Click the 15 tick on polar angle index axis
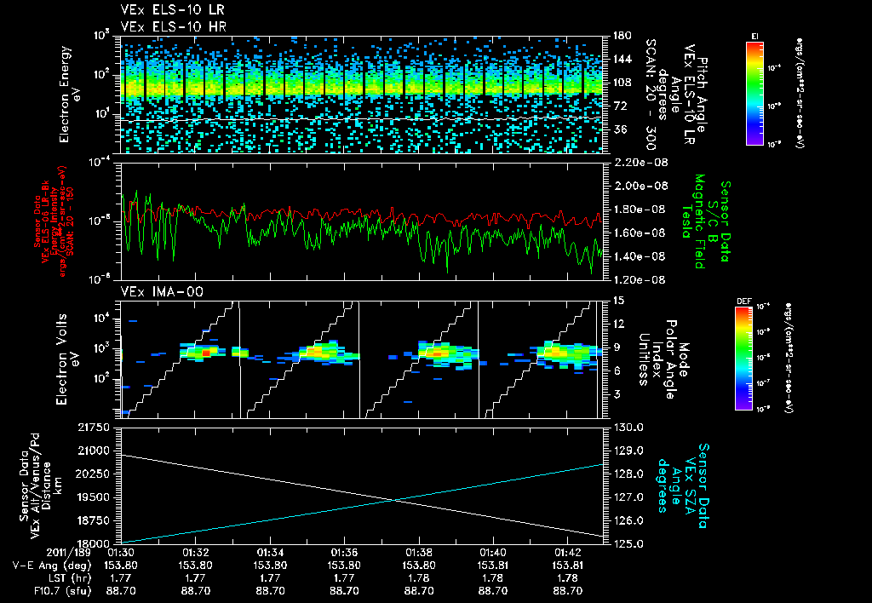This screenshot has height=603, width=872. click(619, 300)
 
